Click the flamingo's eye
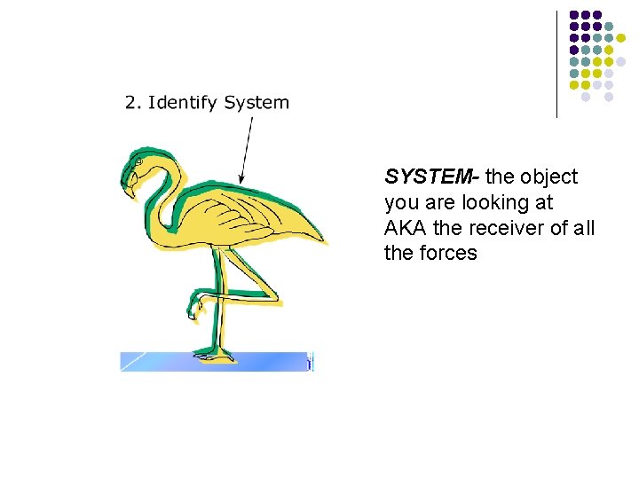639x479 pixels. pos(138,163)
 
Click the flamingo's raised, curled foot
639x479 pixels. pos(194,310)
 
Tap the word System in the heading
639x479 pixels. pos(256,103)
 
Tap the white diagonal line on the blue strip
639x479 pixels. pos(133,361)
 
